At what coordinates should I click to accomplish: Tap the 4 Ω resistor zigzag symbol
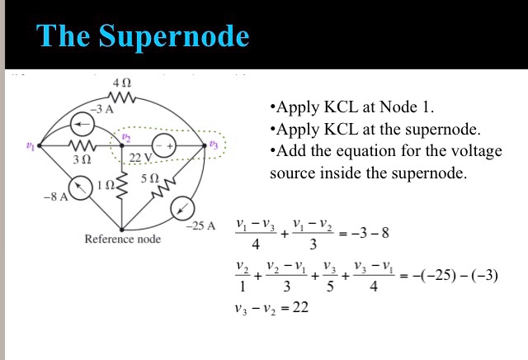pos(122,97)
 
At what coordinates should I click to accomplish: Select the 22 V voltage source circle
pos(166,145)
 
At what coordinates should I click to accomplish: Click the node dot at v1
pos(40,145)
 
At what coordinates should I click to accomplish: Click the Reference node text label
pos(123,239)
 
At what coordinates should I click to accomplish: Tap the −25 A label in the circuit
pos(200,225)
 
